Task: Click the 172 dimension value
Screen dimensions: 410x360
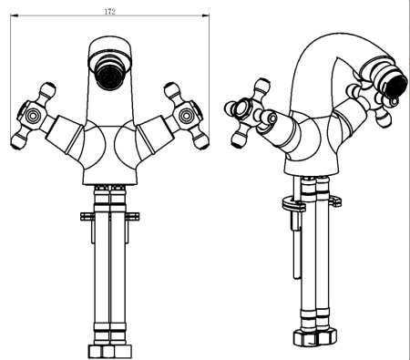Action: (109, 12)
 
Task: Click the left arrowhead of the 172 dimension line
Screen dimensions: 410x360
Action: (15, 15)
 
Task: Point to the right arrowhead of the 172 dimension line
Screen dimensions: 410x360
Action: (206, 15)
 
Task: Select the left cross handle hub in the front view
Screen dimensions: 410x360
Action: (32, 116)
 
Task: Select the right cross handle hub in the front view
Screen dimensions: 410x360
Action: (187, 116)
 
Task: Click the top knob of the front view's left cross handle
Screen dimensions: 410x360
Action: (48, 89)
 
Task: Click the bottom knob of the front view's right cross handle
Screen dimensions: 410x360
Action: (201, 141)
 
